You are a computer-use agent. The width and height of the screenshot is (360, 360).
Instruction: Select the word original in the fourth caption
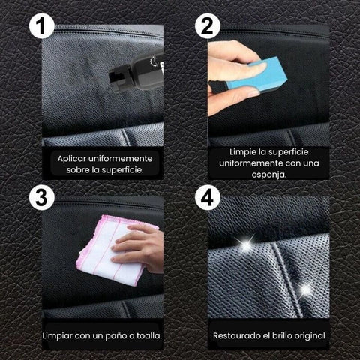316,334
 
